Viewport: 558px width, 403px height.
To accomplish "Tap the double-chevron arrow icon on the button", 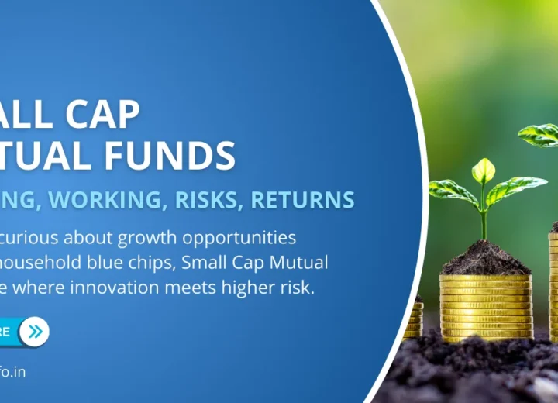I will click(33, 332).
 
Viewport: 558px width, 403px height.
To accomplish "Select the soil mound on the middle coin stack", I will click(485, 259).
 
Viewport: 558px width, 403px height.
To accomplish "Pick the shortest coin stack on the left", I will click(415, 318).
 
